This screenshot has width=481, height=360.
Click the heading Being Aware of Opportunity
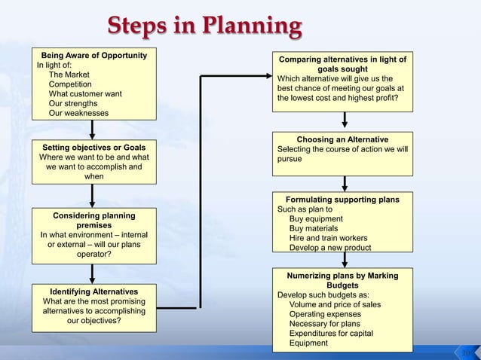tap(94, 56)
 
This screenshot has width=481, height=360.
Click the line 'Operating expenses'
tap(325, 314)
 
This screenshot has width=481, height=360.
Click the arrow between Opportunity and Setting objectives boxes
tap(93, 129)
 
